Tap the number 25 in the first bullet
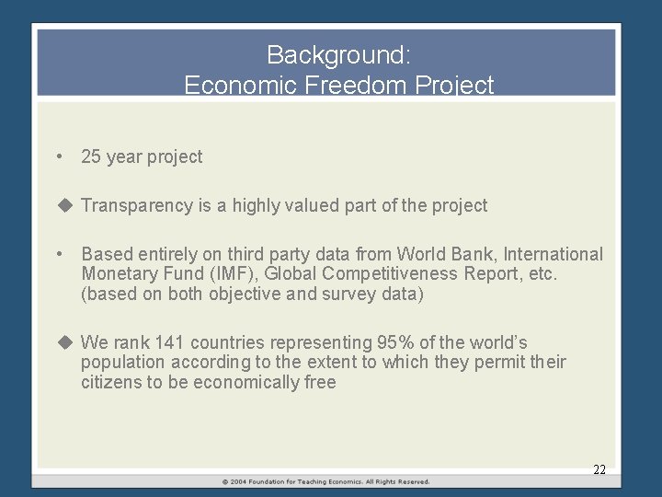(91, 156)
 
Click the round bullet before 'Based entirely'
(59, 254)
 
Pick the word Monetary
(116, 274)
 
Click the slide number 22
(599, 469)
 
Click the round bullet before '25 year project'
(59, 156)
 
